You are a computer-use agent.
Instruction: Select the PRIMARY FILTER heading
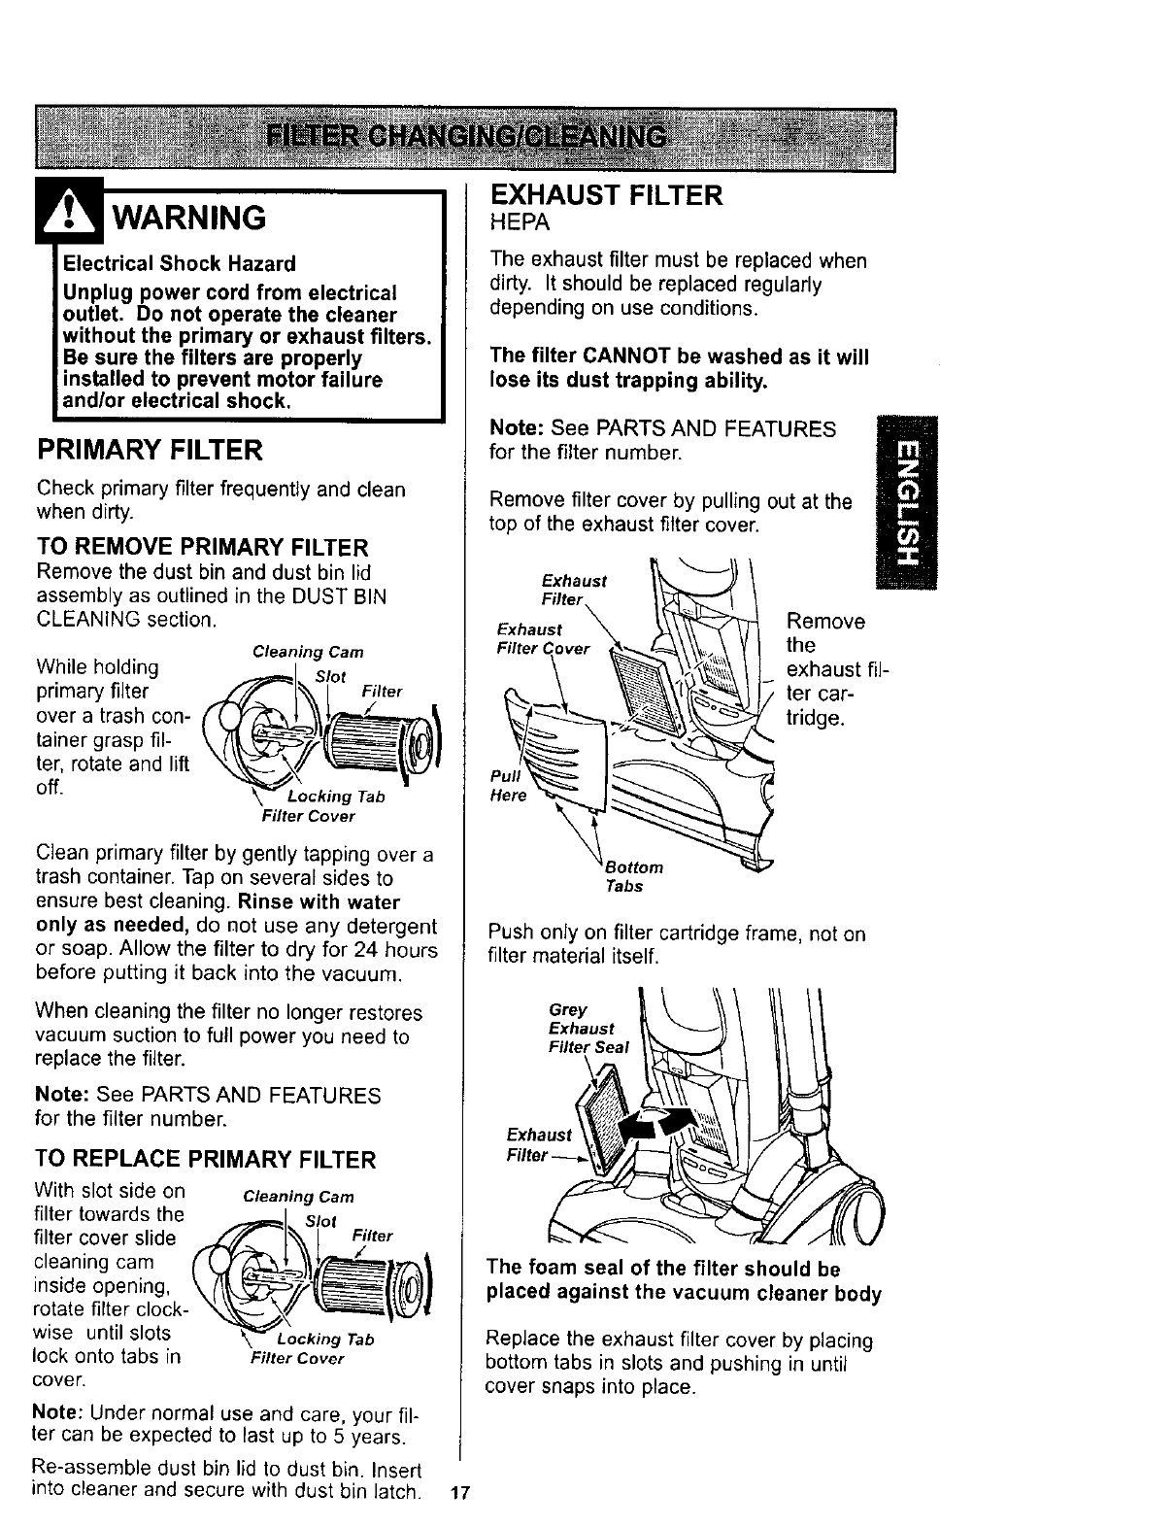coord(149,451)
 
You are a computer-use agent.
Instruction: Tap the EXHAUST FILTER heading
coord(607,195)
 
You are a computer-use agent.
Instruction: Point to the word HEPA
coord(520,222)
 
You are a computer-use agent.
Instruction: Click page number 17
coord(460,1493)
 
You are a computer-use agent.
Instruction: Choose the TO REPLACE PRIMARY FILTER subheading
coord(205,1160)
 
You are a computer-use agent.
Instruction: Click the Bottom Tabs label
coord(631,876)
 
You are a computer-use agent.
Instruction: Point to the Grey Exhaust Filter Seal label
coord(588,1029)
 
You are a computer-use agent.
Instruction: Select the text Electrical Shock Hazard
coord(180,263)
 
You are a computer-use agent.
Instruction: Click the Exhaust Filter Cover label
coord(543,638)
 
